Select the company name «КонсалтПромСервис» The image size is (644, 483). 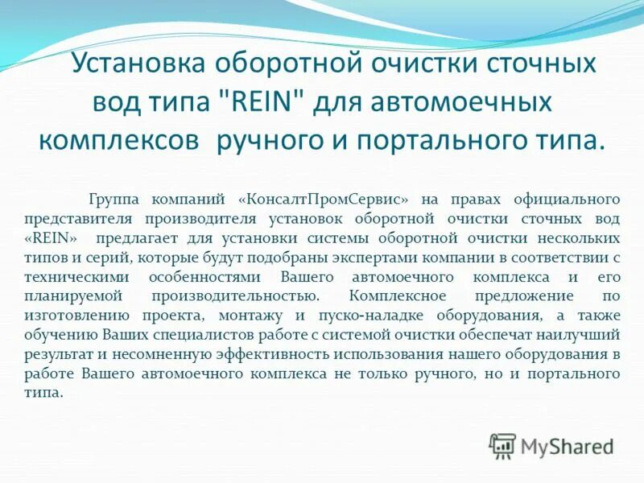point(323,198)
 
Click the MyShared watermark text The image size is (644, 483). point(567,445)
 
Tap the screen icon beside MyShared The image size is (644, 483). point(502,445)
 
